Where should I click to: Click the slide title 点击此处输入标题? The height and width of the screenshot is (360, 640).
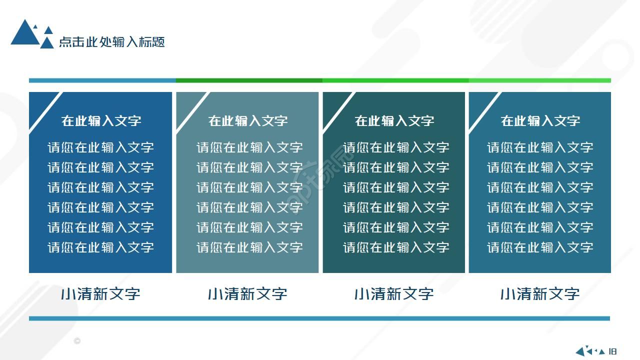tap(112, 42)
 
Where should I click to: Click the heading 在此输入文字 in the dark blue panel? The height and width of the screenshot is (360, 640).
tap(101, 120)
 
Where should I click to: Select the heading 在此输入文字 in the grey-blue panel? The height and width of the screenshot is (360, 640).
tap(248, 120)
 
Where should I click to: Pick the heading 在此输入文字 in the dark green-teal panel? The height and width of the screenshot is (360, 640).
tap(394, 120)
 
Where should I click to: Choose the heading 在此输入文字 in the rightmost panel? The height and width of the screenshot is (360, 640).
tap(540, 120)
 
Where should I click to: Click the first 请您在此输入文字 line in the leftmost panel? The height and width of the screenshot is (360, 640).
tap(100, 147)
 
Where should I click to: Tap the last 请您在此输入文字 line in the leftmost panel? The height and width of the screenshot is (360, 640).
tap(100, 247)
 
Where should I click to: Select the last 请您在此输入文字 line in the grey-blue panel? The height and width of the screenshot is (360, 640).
tap(249, 247)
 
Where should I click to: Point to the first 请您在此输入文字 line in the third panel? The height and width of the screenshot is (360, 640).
tap(396, 147)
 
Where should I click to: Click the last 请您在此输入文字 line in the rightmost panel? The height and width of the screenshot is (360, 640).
tap(540, 247)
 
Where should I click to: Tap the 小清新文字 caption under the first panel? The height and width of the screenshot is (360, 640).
tap(100, 293)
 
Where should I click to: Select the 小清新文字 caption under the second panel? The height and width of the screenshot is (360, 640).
tap(247, 293)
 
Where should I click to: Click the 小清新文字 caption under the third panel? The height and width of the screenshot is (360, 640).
tap(394, 293)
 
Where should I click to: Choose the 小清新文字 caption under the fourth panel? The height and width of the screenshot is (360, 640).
tap(540, 293)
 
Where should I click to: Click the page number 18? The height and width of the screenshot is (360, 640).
tap(613, 351)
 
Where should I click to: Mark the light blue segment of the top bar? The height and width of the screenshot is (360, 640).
tap(102, 80)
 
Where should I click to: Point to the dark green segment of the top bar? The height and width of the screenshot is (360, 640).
tap(249, 80)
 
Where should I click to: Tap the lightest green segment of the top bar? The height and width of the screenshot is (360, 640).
tap(540, 80)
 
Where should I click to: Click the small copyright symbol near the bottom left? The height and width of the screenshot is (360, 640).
tap(77, 341)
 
